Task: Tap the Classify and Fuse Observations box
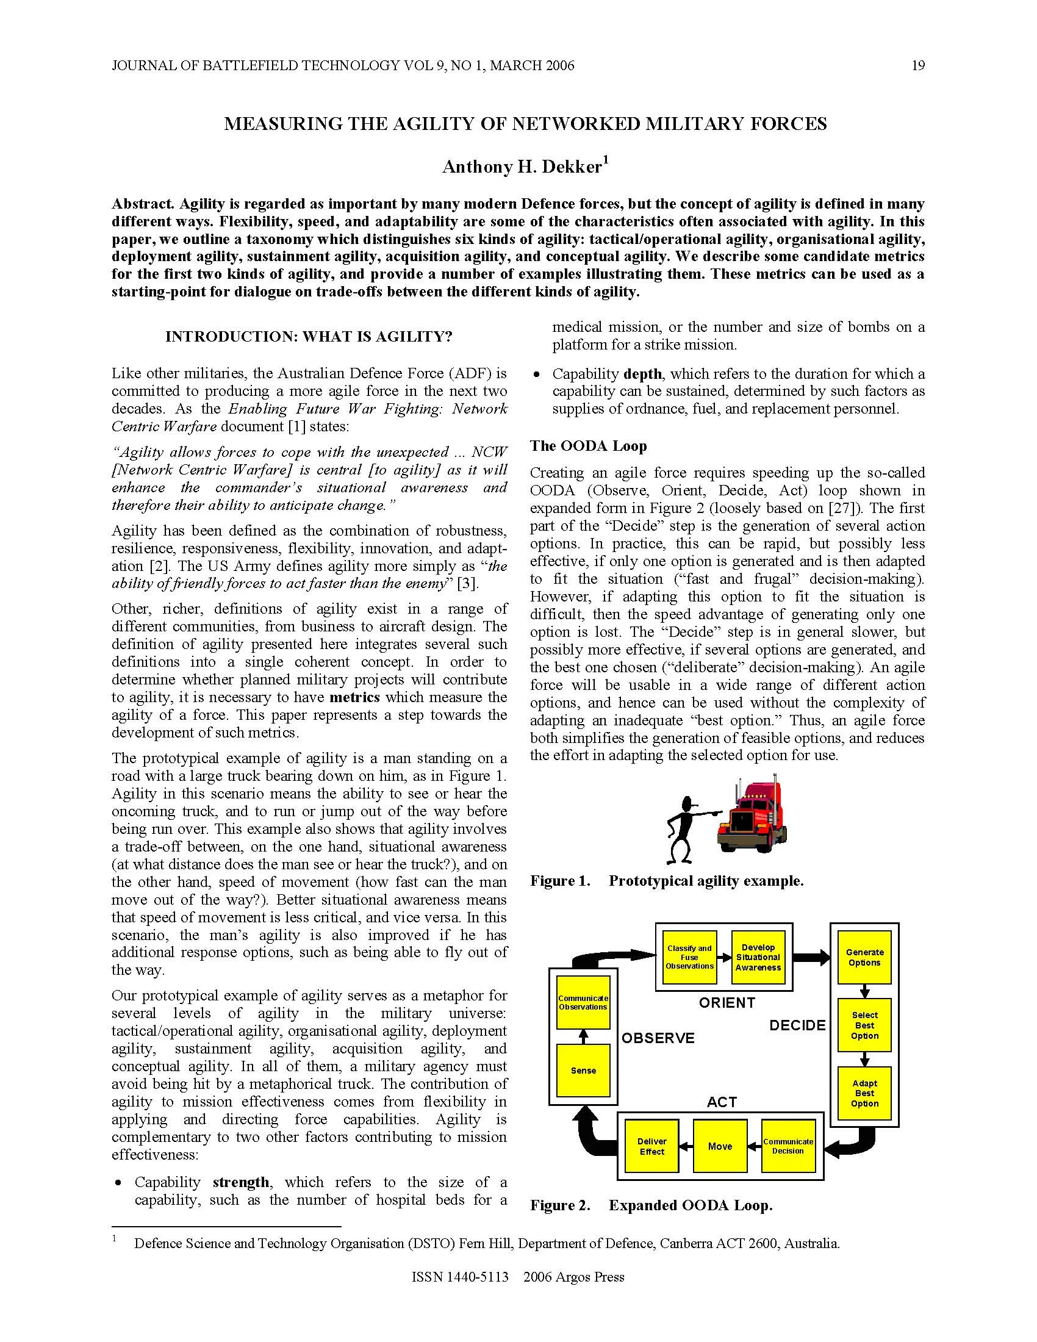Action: pyautogui.click(x=689, y=956)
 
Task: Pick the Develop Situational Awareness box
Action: pyautogui.click(x=758, y=956)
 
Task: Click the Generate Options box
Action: pyautogui.click(x=864, y=956)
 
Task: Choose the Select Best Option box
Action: pyautogui.click(x=864, y=1025)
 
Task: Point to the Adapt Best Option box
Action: pyautogui.click(x=864, y=1093)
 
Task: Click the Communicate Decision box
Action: pyautogui.click(x=788, y=1146)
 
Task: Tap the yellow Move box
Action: pyautogui.click(x=719, y=1146)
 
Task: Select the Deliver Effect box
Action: pyautogui.click(x=652, y=1146)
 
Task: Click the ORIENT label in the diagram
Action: pyautogui.click(x=727, y=1002)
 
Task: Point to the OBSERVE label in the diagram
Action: pyautogui.click(x=658, y=1038)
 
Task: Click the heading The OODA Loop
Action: pyautogui.click(x=588, y=445)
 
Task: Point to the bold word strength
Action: pyautogui.click(x=241, y=1182)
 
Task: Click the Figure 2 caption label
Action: pyautogui.click(x=559, y=1205)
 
